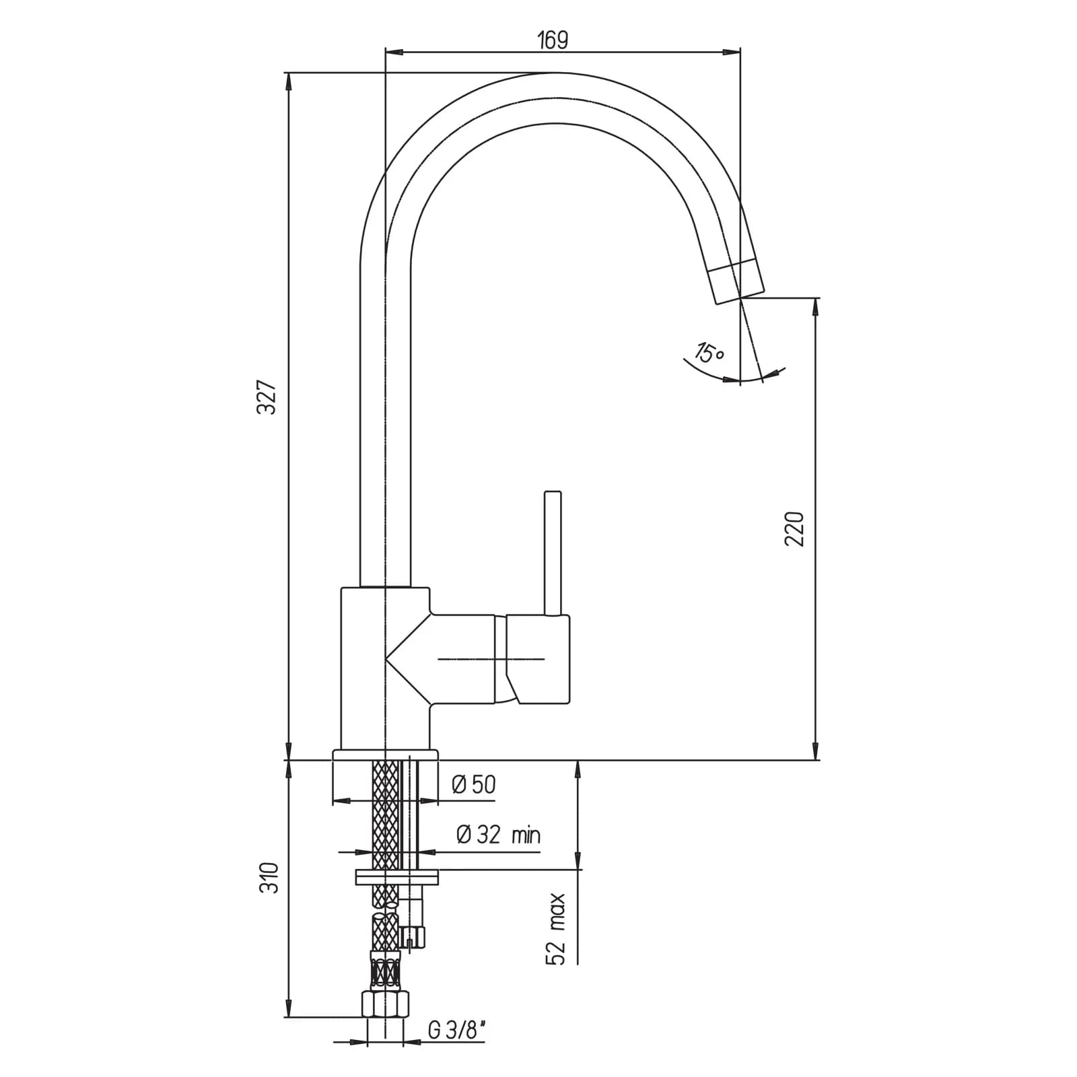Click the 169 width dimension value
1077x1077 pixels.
point(553,40)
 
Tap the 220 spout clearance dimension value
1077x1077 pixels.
point(795,528)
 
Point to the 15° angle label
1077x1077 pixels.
point(709,351)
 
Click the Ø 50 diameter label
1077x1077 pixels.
point(474,784)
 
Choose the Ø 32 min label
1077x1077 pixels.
point(499,835)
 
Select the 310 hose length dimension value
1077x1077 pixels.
point(269,877)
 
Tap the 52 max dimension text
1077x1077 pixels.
point(556,930)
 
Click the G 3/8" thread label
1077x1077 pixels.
point(456,1030)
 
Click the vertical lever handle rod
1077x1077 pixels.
point(553,553)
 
